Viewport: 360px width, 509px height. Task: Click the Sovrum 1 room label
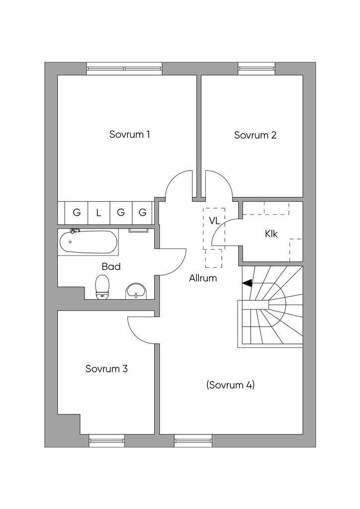(129, 134)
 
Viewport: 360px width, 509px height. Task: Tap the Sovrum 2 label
(255, 135)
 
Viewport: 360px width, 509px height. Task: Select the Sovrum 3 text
(106, 369)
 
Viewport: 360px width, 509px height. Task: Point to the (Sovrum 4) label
(230, 385)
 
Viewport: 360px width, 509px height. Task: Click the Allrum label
(203, 278)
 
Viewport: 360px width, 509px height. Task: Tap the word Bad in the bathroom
(111, 266)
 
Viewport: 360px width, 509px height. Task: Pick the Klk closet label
(271, 234)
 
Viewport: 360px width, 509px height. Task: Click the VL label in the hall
(214, 221)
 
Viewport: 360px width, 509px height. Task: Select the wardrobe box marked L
(98, 213)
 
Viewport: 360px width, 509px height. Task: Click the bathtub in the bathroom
(88, 243)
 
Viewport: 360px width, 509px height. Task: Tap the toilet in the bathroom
(102, 287)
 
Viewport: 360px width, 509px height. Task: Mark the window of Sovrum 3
(106, 439)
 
